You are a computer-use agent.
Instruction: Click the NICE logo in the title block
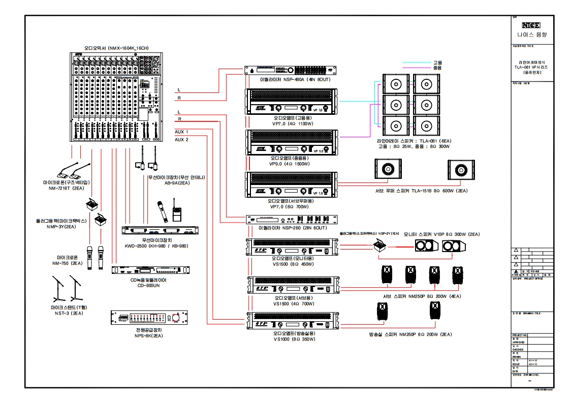point(531,25)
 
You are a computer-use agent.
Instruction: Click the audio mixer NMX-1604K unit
point(116,97)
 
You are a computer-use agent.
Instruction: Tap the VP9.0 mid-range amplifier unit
point(291,142)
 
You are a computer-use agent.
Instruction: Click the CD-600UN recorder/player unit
point(152,270)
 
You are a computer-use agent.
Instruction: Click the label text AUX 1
point(181,132)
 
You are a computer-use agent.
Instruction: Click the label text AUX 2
point(181,139)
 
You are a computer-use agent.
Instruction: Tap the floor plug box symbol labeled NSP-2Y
point(378,246)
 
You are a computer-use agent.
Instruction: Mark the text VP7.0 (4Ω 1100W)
point(291,123)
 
